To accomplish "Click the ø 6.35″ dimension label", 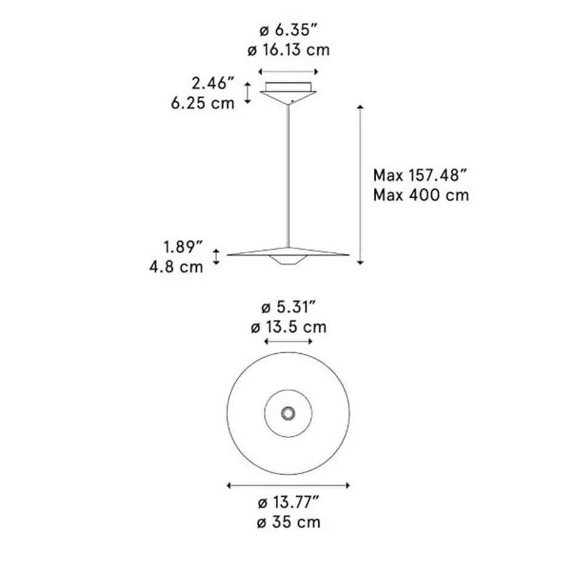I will point(289,29).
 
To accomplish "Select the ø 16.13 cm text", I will point(289,50).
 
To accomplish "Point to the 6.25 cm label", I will point(202,103).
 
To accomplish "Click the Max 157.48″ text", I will point(421,176).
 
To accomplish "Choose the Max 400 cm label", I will point(421,196).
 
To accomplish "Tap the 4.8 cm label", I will point(177,266).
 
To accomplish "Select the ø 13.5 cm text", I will point(288,328).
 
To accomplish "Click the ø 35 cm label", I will point(288,522).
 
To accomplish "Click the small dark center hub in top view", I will point(288,413).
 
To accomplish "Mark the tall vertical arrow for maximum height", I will point(361,184).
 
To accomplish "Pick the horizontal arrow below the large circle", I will point(288,485).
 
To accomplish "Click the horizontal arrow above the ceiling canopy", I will point(288,70).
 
